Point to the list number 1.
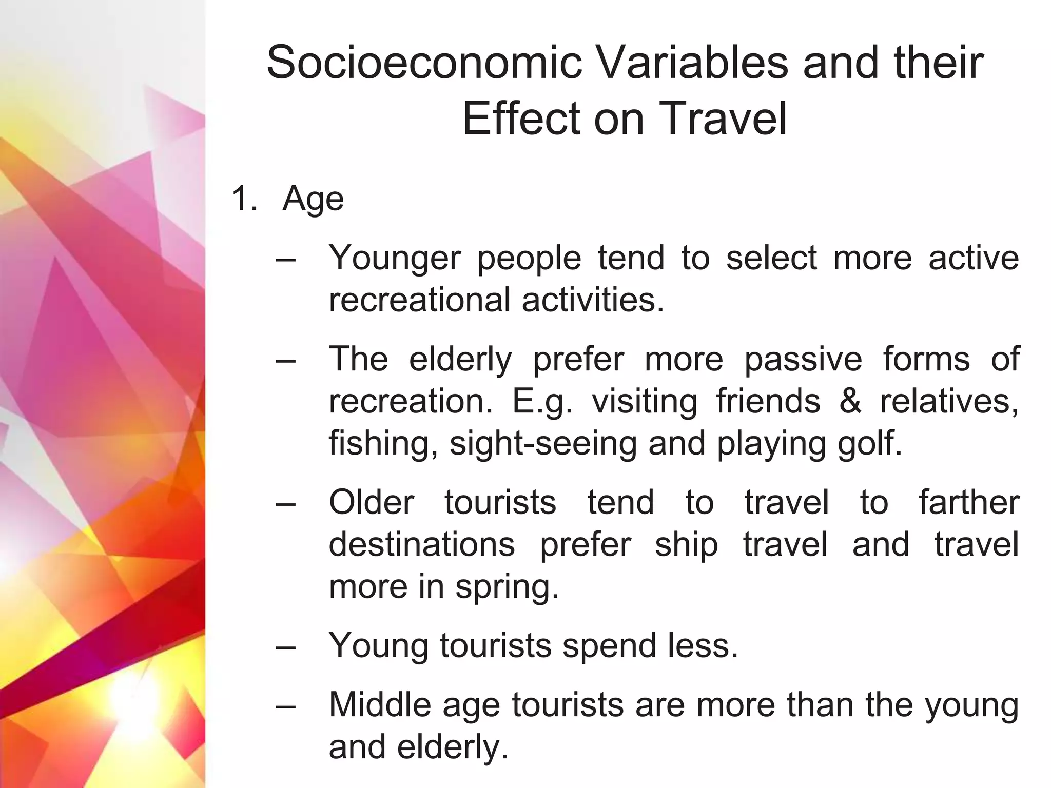click(244, 199)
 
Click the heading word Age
click(313, 200)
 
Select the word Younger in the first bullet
click(394, 258)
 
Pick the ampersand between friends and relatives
click(850, 401)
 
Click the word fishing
click(383, 443)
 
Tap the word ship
click(686, 544)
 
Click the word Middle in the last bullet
click(380, 704)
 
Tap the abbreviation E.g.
click(542, 402)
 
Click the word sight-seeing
click(543, 443)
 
